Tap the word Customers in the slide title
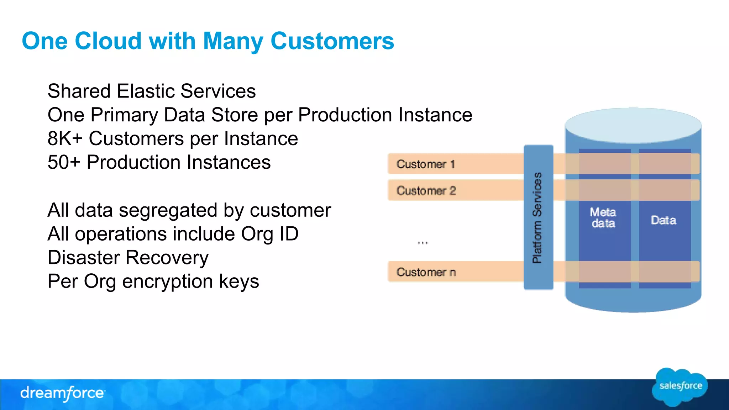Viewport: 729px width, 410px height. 332,41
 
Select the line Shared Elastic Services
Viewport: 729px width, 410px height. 152,91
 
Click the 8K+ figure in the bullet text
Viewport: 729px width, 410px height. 64,138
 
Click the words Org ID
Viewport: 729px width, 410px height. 269,234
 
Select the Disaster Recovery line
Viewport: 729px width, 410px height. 128,258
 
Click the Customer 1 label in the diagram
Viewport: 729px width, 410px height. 425,164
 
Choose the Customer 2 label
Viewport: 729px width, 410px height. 426,191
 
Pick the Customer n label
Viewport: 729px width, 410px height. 426,272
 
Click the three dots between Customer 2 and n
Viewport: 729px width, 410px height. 423,243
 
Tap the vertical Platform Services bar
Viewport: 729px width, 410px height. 538,217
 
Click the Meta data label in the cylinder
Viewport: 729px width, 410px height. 603,217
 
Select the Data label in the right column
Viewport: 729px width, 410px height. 663,220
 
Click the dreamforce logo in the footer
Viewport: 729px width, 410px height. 63,393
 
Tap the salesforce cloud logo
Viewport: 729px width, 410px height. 680,387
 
